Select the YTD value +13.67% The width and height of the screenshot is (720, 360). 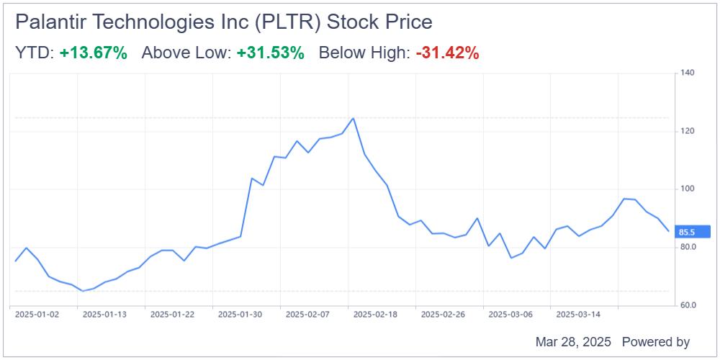[94, 53]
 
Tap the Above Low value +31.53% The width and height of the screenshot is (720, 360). [270, 53]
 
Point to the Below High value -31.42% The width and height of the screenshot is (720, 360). [447, 53]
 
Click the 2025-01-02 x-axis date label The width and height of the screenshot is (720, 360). [37, 314]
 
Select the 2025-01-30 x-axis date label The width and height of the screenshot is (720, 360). [239, 314]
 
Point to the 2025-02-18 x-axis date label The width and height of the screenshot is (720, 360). [374, 314]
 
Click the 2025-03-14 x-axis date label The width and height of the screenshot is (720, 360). [577, 314]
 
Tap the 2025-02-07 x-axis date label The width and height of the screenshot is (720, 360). [307, 314]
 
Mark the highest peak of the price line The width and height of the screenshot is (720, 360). [353, 118]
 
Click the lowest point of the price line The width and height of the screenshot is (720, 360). [82, 291]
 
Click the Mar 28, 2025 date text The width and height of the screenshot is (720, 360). [573, 342]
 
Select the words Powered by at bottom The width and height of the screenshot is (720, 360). [655, 342]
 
